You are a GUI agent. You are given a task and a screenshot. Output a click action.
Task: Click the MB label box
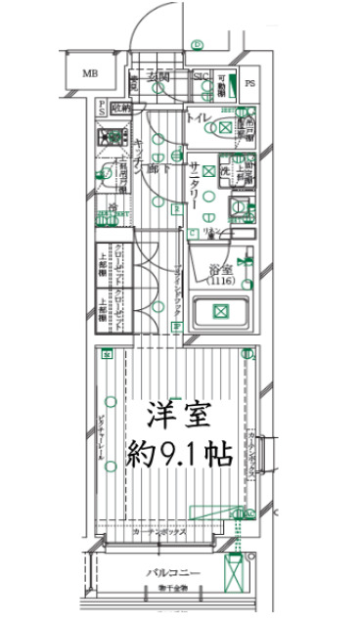(90, 74)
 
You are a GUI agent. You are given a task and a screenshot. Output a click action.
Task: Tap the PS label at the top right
(249, 83)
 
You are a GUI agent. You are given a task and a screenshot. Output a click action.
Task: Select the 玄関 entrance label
(159, 76)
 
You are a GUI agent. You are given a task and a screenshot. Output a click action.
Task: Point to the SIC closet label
(202, 77)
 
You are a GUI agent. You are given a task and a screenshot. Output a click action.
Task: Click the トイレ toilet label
(197, 119)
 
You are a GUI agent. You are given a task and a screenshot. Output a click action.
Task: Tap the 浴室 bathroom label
(220, 270)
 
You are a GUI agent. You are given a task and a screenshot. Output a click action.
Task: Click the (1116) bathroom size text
(220, 282)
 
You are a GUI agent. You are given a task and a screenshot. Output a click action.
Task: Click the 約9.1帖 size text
(180, 454)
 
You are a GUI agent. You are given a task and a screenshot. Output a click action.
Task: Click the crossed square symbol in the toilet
(226, 127)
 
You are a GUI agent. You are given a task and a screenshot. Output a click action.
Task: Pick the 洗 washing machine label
(223, 172)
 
